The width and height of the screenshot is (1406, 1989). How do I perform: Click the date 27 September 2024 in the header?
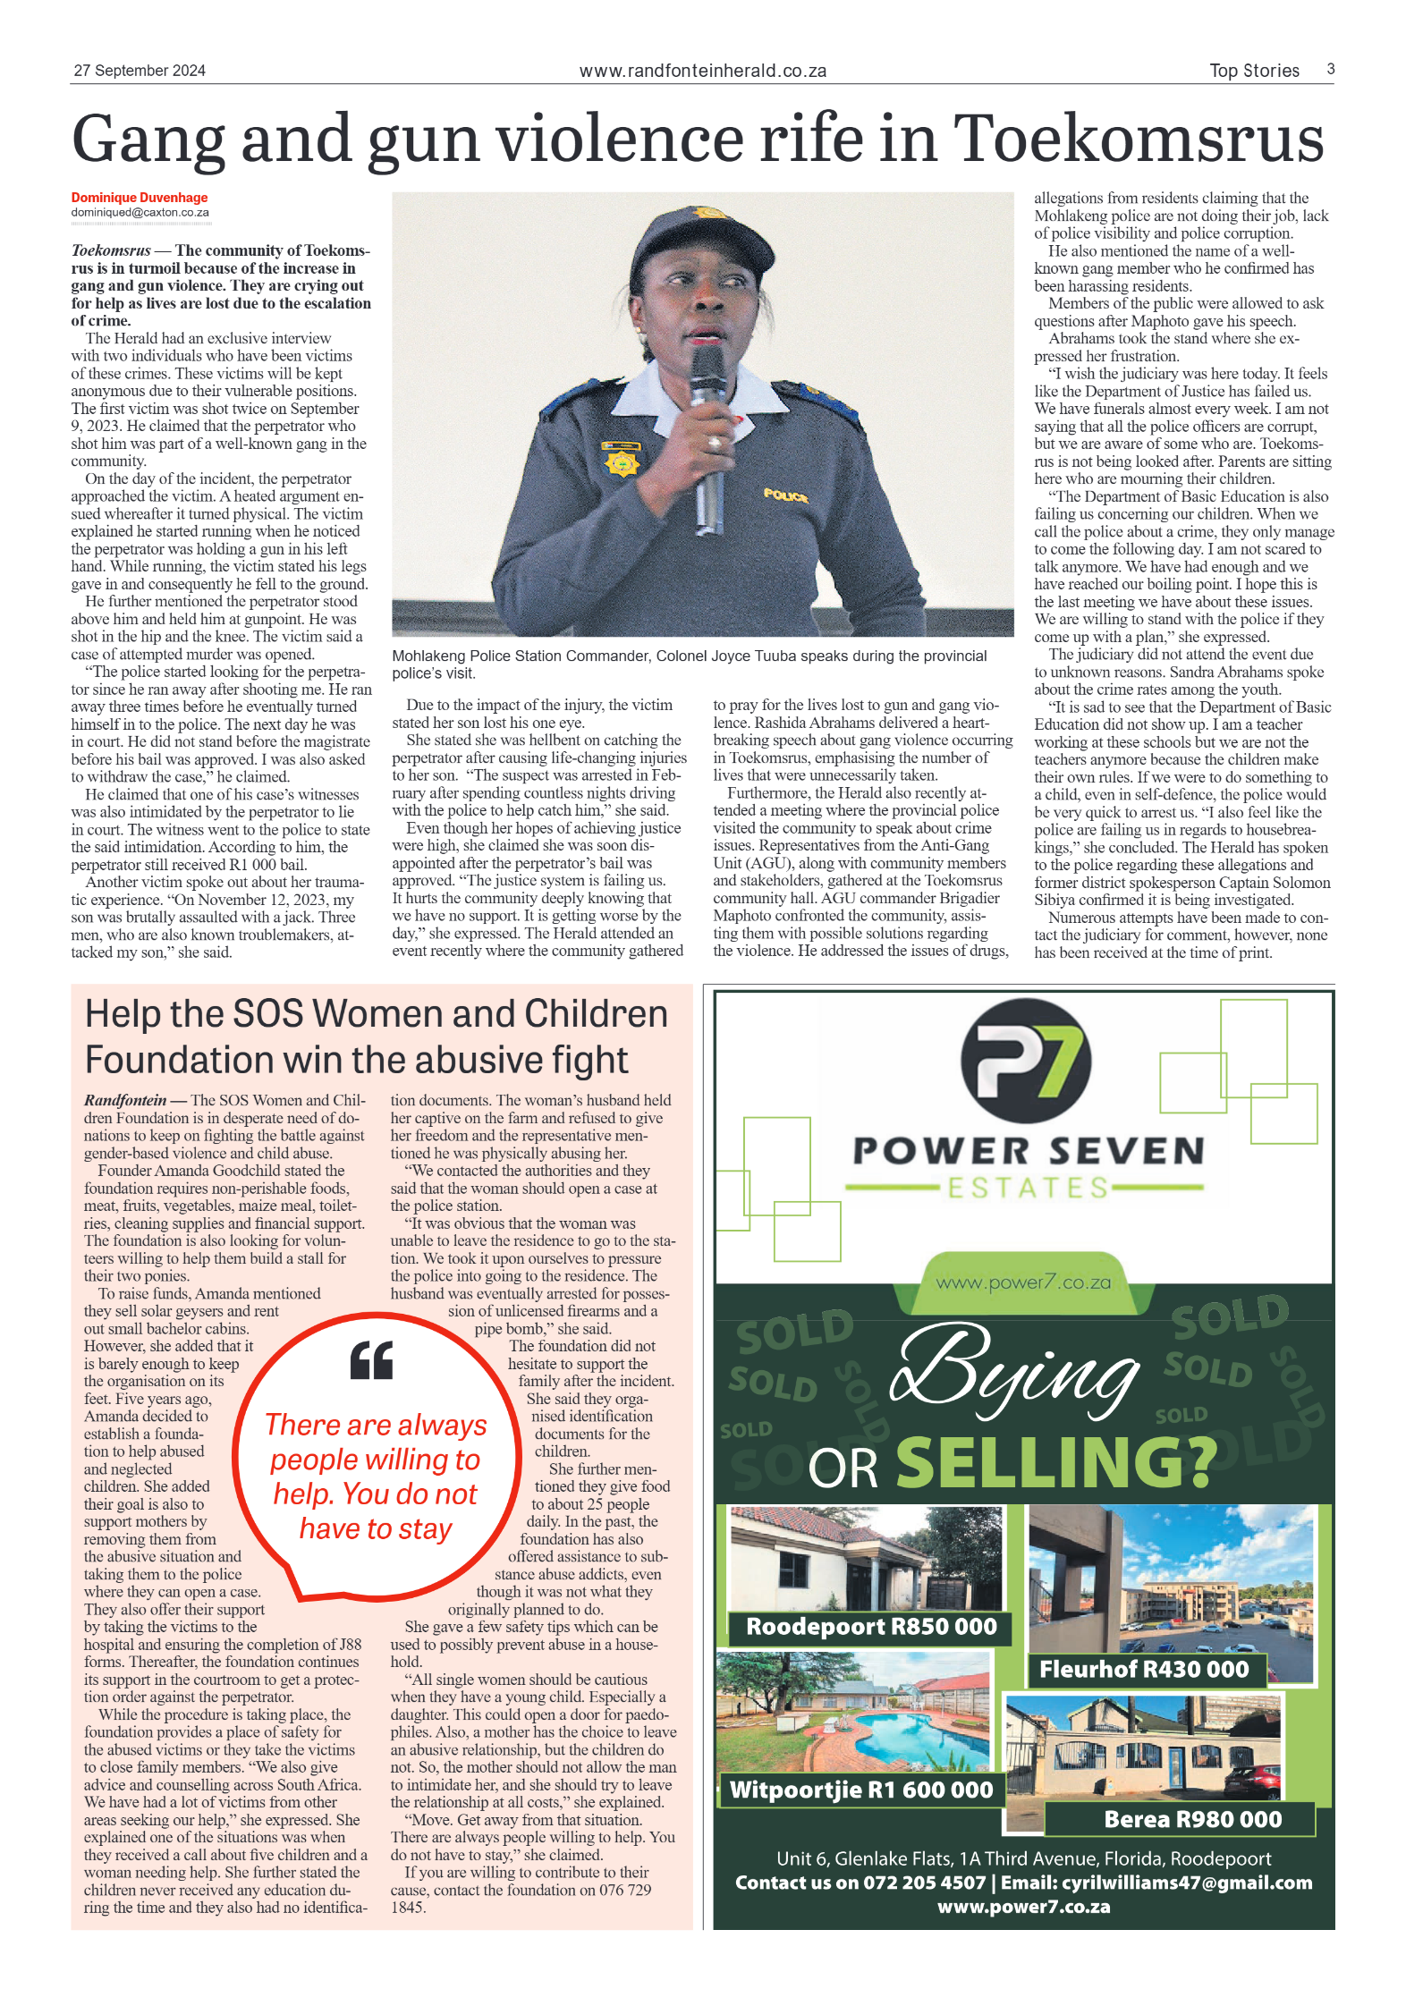tap(140, 71)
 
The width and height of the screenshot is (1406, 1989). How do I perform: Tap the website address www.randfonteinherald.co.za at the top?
tap(702, 71)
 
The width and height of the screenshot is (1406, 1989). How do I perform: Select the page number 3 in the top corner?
tap(1331, 69)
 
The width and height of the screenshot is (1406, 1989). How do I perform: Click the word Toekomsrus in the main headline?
tap(1139, 139)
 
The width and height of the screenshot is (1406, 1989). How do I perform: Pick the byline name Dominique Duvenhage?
tap(140, 198)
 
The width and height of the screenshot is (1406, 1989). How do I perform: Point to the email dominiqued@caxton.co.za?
tap(140, 213)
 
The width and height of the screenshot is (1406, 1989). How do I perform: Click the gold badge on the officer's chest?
tap(623, 461)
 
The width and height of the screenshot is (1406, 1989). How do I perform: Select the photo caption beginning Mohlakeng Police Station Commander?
tap(689, 664)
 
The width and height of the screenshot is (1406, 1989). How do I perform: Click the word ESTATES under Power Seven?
tap(1028, 1188)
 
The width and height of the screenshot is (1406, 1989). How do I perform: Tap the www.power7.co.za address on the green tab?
tap(1023, 1282)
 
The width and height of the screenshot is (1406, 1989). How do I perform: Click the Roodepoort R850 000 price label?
tap(870, 1626)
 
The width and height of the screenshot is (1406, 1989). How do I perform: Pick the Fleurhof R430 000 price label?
tap(1143, 1669)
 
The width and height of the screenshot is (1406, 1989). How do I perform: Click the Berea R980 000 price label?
tap(1192, 1818)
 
